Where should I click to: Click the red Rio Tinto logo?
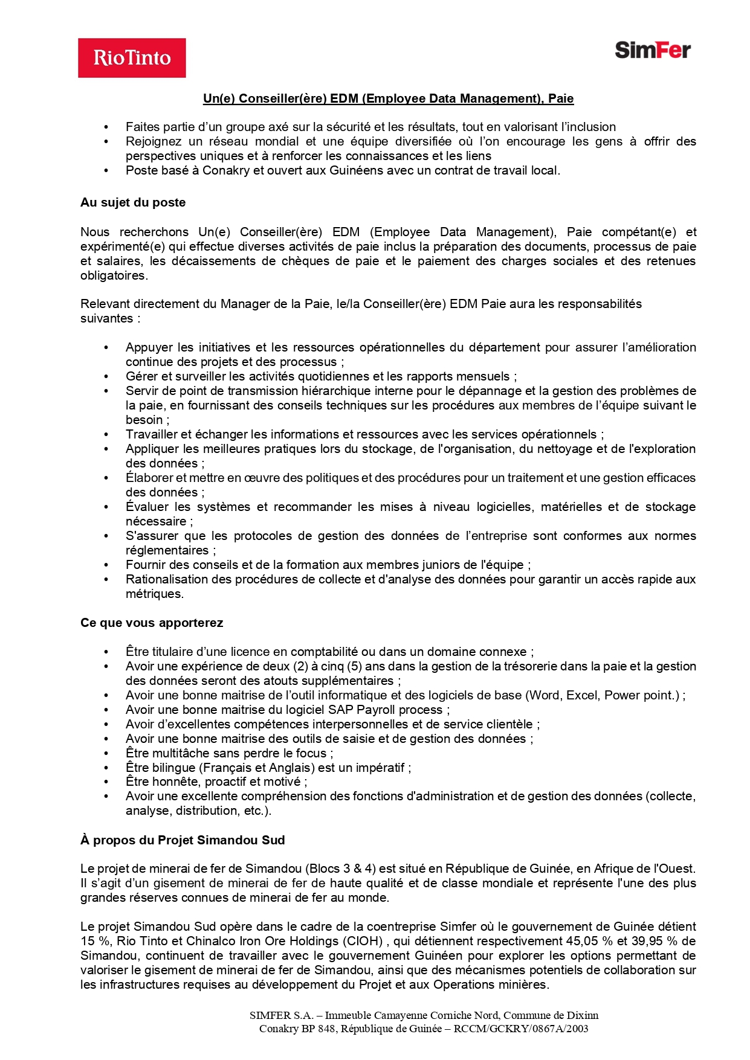coord(132,58)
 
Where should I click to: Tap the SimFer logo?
coord(653,50)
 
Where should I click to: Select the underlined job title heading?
coord(388,98)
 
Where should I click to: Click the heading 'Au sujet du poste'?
coord(133,202)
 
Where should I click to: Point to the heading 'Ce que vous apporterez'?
coord(152,623)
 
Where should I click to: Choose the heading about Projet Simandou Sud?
coord(183,840)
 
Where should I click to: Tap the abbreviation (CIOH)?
coord(363,941)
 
